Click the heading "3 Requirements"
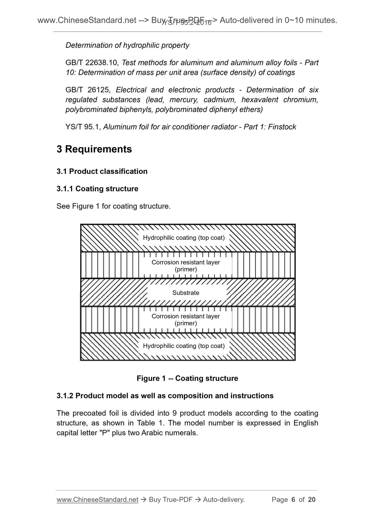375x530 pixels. click(94, 149)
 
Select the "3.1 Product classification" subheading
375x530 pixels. click(102, 171)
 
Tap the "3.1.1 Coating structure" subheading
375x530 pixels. click(97, 189)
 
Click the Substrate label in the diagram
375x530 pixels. click(186, 293)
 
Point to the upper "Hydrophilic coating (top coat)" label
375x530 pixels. click(184, 238)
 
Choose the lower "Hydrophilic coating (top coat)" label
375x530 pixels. click(184, 346)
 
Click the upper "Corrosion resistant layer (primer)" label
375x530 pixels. click(186, 266)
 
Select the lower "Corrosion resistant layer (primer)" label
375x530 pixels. click(186, 320)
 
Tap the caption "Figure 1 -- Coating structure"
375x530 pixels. click(187, 378)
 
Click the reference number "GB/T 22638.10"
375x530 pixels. click(92, 63)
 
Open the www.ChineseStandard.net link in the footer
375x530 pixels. click(97, 499)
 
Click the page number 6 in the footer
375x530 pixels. click(293, 499)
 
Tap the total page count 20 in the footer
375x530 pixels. click(312, 499)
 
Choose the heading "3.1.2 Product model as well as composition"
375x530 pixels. click(165, 396)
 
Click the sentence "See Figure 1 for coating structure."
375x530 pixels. click(114, 206)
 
